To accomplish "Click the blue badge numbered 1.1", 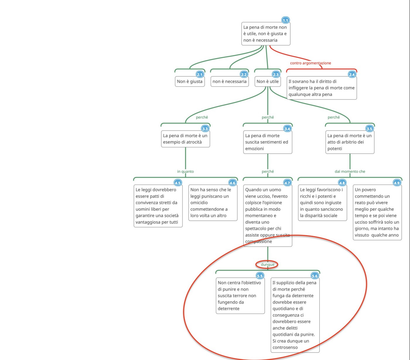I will click(286, 20).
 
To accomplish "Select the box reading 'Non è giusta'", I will click(189, 81).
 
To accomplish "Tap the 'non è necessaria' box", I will click(229, 81).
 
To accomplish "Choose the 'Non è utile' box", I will click(267, 81).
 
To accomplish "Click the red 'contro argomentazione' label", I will click(310, 63).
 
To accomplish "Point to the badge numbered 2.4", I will click(352, 74).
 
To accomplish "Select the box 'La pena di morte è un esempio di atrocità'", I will click(185, 139).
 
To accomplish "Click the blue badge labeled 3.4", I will click(287, 129).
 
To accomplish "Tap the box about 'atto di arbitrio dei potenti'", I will click(349, 142).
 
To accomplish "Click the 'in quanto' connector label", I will click(185, 171).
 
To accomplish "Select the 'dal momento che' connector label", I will click(350, 171).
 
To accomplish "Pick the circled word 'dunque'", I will click(267, 265).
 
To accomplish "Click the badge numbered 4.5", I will click(178, 183).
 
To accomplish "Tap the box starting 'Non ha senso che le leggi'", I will click(213, 203).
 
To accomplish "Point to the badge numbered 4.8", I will click(342, 183).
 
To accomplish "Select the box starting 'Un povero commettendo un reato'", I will click(377, 212).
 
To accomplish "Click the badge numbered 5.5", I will click(260, 276).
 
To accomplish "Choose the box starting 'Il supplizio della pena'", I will click(295, 315).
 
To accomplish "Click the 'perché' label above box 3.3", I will click(202, 117).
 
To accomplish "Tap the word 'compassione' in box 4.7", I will click(259, 242).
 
